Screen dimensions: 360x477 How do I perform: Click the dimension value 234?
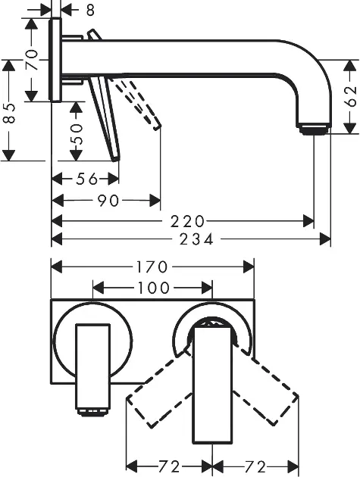196,239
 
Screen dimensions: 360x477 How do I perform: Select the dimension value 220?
187,221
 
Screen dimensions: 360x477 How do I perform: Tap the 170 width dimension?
152,267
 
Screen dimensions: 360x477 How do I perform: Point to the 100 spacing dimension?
154,288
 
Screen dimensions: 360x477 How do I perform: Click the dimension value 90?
108,201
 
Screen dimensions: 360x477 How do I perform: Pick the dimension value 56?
87,179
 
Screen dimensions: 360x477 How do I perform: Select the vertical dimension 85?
9,113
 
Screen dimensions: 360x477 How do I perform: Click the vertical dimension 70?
31,60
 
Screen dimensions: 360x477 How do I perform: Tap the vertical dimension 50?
76,134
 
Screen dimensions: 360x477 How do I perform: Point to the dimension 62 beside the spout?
351,96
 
